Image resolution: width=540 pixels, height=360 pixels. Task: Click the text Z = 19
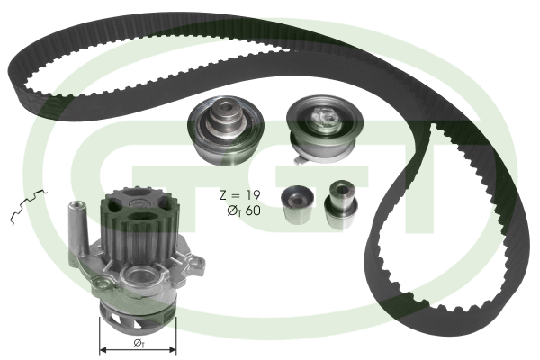240,195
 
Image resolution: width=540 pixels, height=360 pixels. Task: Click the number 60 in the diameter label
253,210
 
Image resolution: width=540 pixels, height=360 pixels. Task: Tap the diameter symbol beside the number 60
234,211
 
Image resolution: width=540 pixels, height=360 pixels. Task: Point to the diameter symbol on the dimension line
138,343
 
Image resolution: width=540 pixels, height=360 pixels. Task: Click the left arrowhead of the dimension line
103,350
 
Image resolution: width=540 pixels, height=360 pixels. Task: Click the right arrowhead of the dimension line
173,350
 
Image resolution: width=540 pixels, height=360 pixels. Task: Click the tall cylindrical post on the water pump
76,228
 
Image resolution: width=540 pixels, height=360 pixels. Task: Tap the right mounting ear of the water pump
195,264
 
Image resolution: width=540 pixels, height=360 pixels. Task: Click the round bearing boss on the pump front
141,275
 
